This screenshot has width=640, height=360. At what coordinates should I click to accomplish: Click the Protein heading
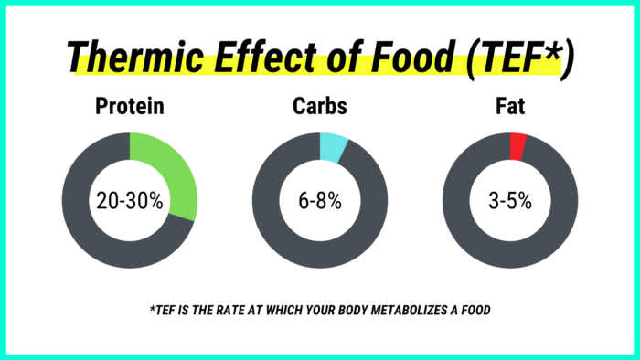coord(130,107)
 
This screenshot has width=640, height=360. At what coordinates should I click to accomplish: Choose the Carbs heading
coord(320,107)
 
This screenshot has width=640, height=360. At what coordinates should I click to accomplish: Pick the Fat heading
coord(509,107)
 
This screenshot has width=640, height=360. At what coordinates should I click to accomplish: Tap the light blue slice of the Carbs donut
coord(333,147)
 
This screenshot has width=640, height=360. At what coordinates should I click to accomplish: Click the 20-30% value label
coord(130,201)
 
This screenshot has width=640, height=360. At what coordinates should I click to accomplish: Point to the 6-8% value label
coord(320,201)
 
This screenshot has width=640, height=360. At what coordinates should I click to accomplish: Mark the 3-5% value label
coord(509,201)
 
